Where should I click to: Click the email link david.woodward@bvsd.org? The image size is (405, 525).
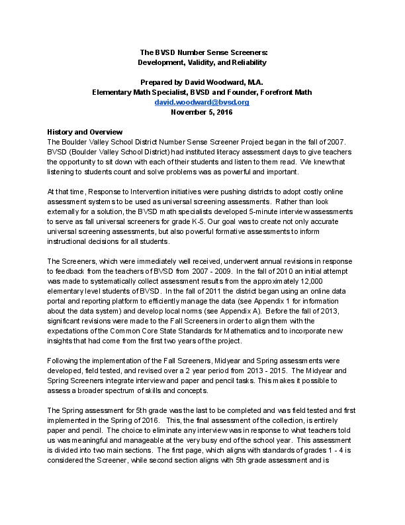point(202,103)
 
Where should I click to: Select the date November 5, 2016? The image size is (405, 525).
point(202,113)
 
